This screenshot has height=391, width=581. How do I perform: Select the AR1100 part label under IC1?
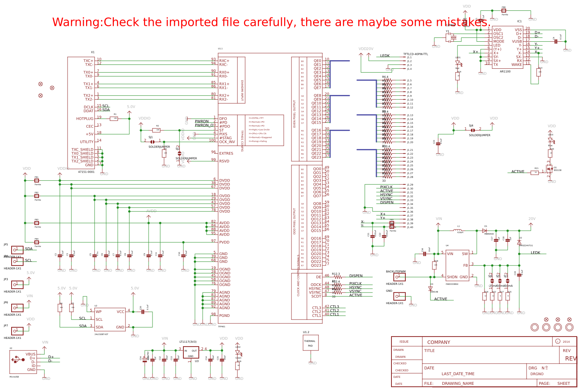505,71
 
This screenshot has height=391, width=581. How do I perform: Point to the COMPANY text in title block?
439,342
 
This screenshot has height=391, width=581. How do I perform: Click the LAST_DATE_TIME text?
458,374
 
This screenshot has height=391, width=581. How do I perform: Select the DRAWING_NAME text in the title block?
457,384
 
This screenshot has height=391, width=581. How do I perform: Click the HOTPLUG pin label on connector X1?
85,119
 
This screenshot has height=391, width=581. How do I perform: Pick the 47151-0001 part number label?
86,172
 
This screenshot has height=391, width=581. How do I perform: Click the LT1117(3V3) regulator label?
188,342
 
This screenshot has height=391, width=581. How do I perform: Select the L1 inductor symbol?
459,230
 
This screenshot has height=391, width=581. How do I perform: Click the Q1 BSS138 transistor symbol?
550,169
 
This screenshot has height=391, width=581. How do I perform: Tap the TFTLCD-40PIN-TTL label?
415,54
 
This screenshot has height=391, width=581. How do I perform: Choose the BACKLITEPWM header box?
399,277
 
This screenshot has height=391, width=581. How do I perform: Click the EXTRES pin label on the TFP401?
226,154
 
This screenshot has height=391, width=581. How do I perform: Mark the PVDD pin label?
224,242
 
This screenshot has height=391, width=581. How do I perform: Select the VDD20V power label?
366,49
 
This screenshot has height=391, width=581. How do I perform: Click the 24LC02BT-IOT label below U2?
101,334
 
